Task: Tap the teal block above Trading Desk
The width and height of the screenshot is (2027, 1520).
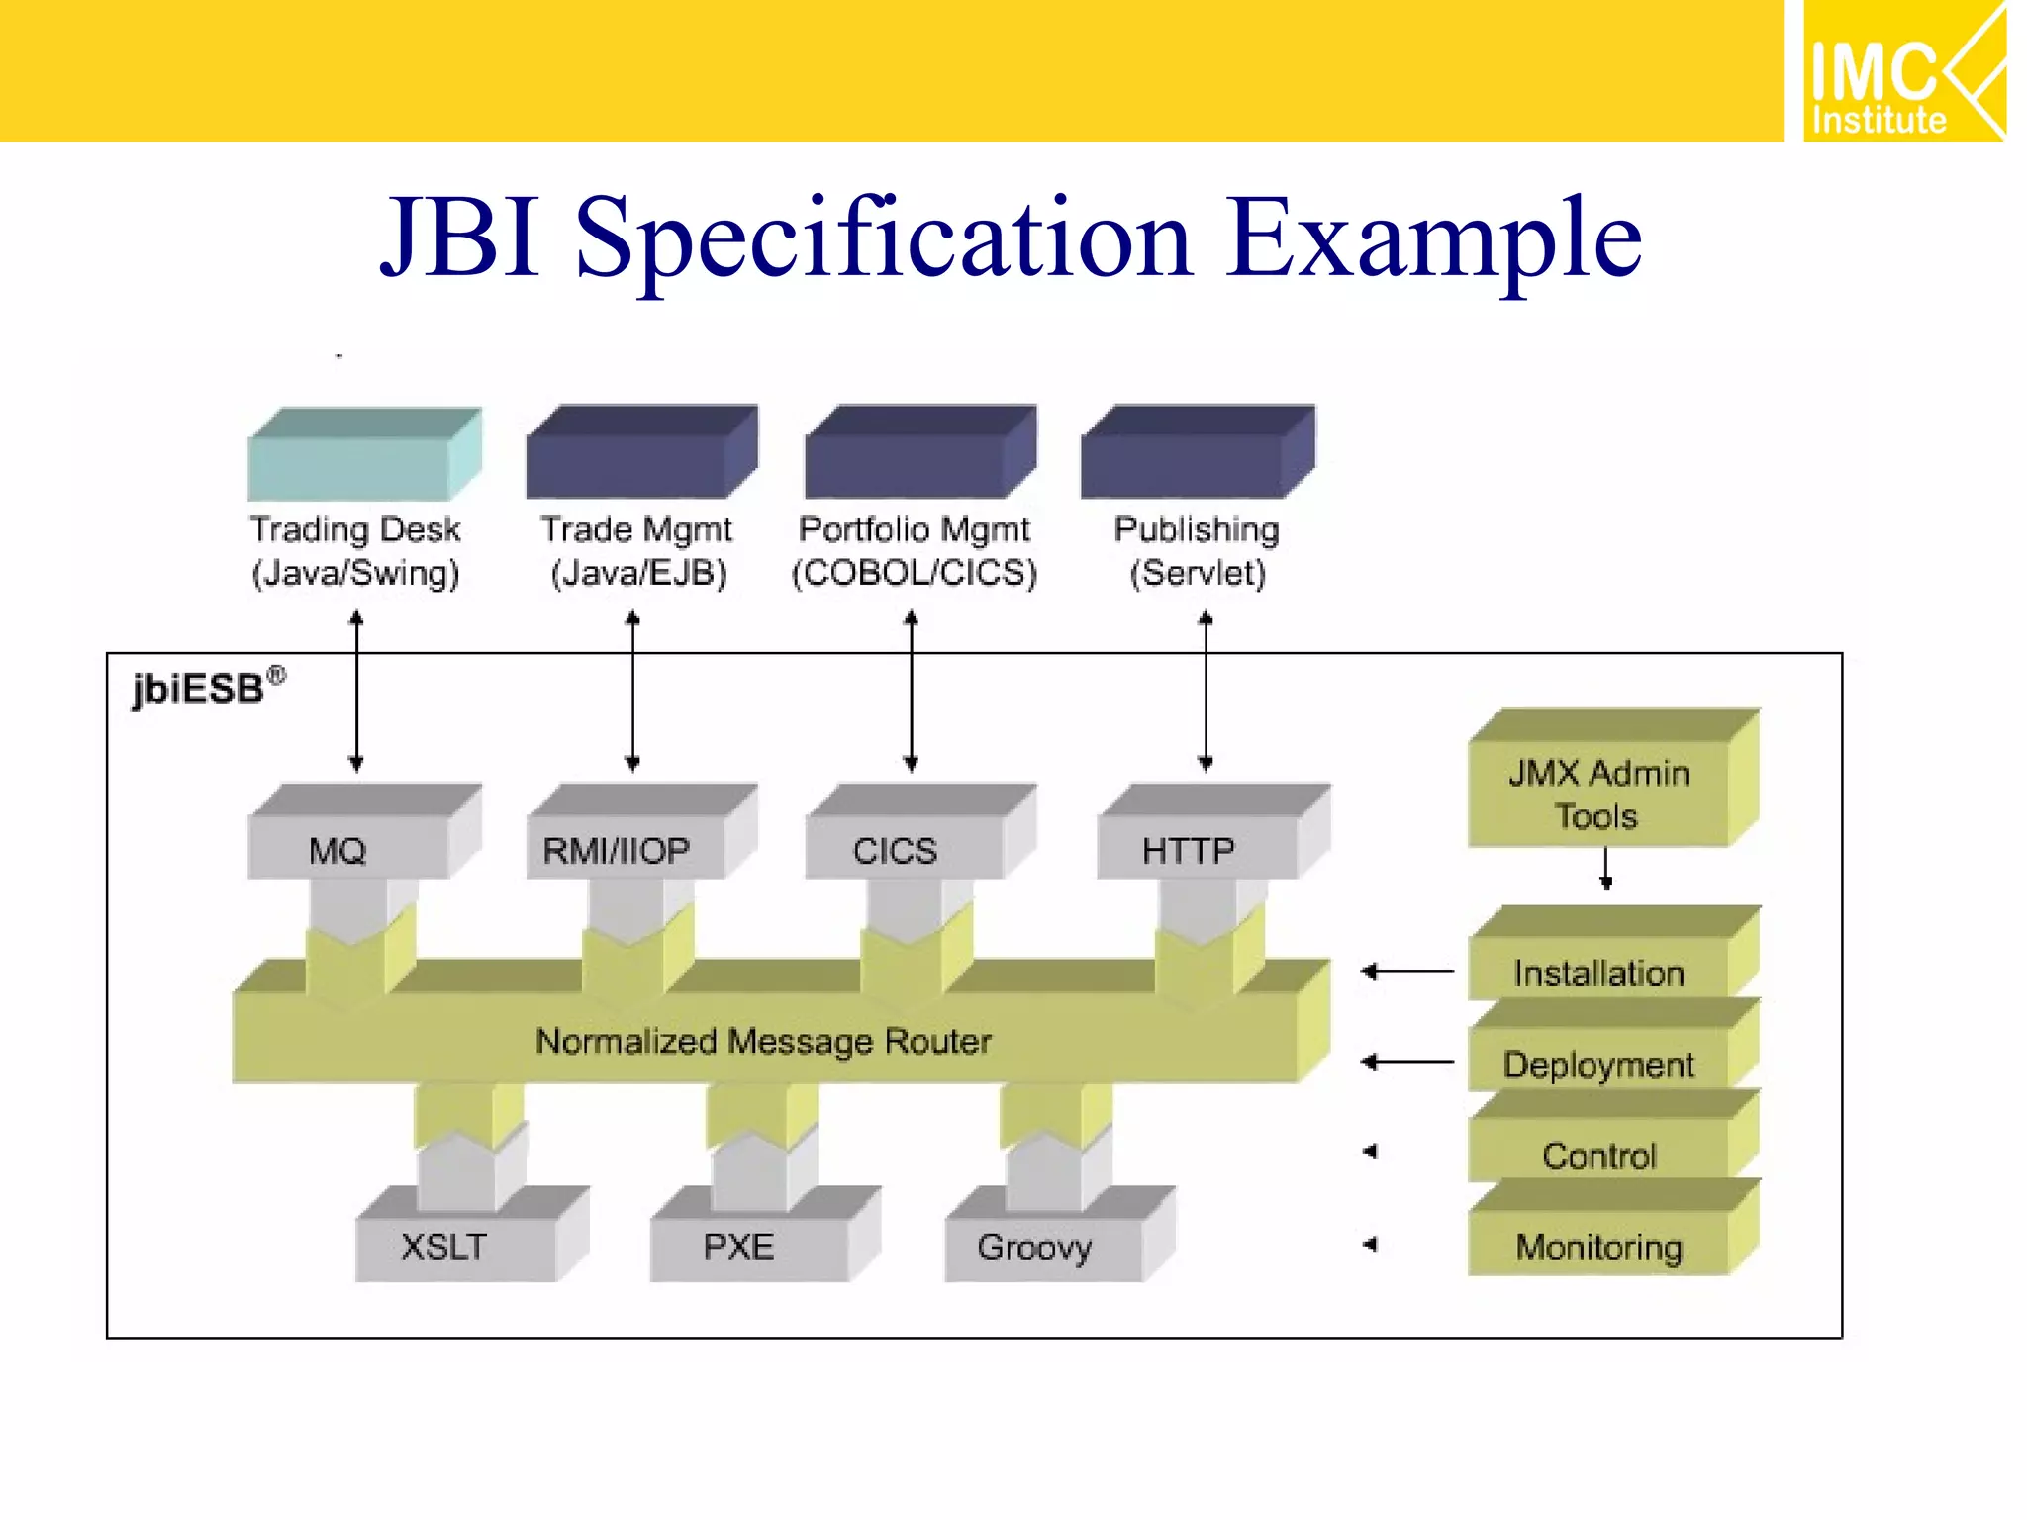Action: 362,455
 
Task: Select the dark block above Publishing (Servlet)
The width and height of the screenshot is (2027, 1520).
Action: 1197,453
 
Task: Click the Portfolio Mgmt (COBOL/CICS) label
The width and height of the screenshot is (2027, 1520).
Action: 914,551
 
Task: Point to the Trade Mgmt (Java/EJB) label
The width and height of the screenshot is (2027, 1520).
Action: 637,551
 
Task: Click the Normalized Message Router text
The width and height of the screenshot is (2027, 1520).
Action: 763,1041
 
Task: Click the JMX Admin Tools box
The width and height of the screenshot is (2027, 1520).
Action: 1599,794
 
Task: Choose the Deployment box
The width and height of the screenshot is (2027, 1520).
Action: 1599,1063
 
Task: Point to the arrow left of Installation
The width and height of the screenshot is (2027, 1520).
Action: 1406,972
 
